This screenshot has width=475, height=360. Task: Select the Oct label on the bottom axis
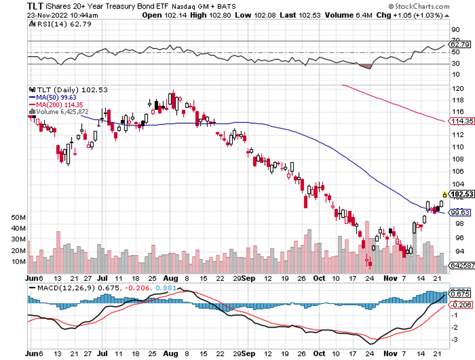point(319,278)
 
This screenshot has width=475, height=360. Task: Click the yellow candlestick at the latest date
point(445,194)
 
